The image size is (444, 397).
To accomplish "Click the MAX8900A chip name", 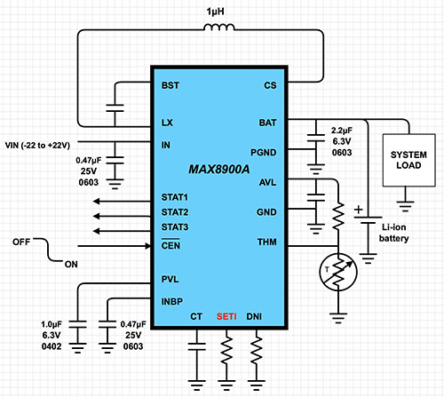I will pos(219,168).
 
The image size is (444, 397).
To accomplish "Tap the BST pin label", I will pos(170,86).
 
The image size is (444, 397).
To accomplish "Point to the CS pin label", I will pos(271,86).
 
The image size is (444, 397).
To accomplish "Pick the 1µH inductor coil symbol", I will pos(220,32).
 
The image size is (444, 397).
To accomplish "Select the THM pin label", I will pos(267,242).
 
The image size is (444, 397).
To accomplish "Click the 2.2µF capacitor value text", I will pos(345,129).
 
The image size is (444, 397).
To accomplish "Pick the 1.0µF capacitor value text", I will pos(52,324).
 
